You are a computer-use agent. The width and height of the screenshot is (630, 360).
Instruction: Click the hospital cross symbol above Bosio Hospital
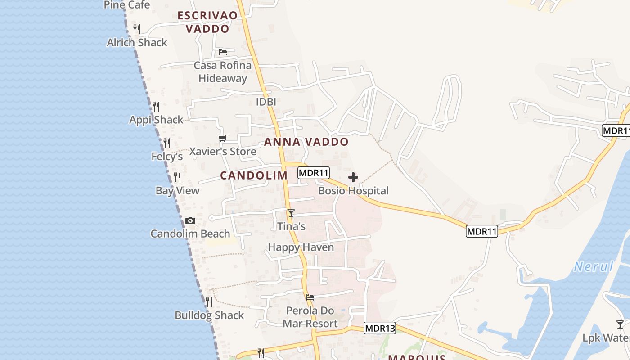tap(353, 177)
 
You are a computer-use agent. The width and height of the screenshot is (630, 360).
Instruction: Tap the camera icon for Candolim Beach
tap(190, 220)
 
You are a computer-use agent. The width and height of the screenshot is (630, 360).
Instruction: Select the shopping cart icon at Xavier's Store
tap(222, 138)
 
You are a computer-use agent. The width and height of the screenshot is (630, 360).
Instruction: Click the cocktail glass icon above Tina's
tap(291, 213)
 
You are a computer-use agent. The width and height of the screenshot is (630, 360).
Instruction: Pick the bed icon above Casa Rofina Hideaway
tap(222, 52)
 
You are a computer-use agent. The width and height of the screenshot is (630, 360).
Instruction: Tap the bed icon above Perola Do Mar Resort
tap(310, 297)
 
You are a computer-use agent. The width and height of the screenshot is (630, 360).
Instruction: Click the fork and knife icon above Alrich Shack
tap(137, 29)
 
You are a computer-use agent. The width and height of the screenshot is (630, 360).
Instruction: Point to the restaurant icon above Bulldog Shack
tap(209, 301)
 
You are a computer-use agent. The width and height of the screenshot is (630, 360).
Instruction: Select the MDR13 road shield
tap(380, 328)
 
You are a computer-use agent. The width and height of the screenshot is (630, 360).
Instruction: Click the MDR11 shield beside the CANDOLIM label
tap(314, 173)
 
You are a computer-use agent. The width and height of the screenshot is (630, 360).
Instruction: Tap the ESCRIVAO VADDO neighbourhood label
tap(207, 22)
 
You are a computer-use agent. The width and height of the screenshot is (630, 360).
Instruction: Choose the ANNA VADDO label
tap(306, 142)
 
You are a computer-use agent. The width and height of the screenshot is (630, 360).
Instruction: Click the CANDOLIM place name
tap(254, 175)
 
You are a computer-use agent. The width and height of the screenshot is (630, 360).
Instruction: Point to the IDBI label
tap(266, 102)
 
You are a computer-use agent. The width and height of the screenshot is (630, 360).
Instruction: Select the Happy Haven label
tap(301, 247)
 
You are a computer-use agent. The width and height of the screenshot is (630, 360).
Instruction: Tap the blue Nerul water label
tap(594, 267)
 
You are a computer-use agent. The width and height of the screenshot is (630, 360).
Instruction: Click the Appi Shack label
tap(156, 120)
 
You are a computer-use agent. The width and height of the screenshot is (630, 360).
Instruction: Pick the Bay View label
tap(177, 191)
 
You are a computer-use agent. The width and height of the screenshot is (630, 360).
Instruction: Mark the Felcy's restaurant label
tap(167, 157)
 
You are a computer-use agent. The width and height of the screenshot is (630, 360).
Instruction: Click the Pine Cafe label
tap(127, 5)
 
